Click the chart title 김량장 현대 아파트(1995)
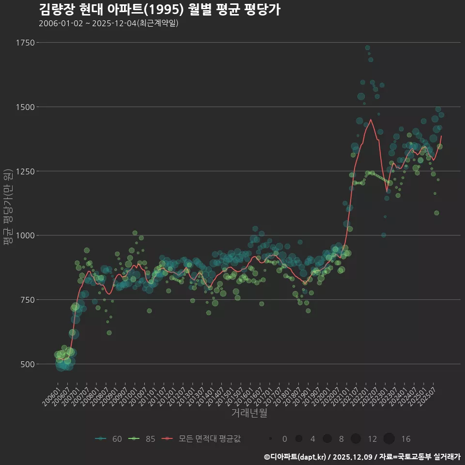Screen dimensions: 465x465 [159, 9]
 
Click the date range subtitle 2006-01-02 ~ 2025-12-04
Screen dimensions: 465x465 [108, 23]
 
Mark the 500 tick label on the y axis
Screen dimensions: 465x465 [27, 364]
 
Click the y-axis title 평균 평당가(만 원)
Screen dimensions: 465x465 [8, 208]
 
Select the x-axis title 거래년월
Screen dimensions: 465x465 [249, 413]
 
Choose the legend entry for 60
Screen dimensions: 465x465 [109, 439]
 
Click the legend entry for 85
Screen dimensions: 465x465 [142, 439]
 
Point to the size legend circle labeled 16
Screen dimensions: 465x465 [389, 439]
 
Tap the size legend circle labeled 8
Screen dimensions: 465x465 [327, 439]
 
